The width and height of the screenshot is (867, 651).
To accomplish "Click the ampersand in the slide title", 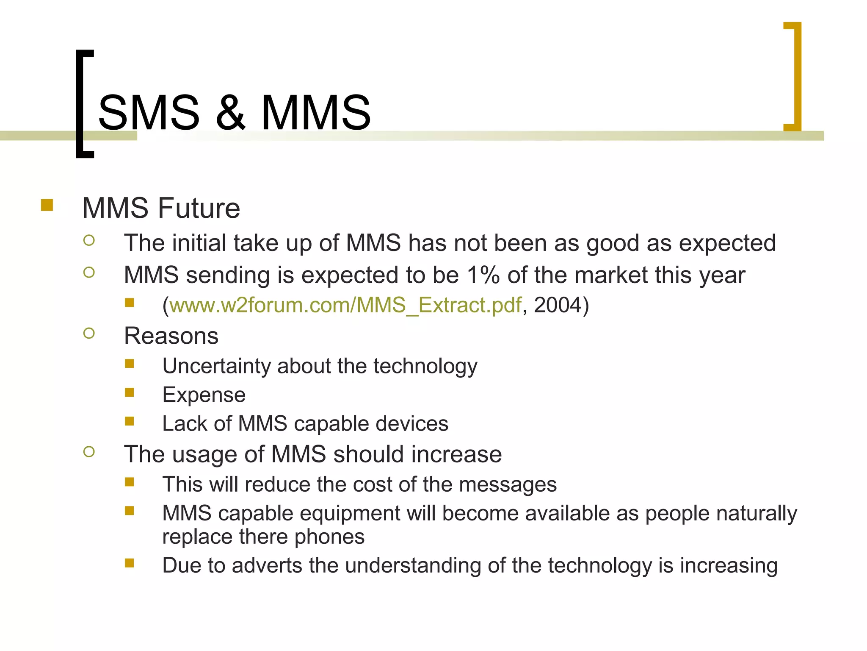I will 230,113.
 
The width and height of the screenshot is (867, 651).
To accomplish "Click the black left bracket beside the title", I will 80,104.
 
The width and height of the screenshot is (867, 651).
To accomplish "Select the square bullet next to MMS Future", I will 47,205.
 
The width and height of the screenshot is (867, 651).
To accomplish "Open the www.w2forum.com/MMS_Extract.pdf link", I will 345,305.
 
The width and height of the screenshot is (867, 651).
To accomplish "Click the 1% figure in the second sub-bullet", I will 483,275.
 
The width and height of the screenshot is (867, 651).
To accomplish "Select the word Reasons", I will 171,336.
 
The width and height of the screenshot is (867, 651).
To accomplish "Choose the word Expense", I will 204,395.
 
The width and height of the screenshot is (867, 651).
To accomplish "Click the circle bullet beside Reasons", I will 89,333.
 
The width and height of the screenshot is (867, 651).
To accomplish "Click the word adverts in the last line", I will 267,566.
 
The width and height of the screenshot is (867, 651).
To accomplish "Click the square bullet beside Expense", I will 130,392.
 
